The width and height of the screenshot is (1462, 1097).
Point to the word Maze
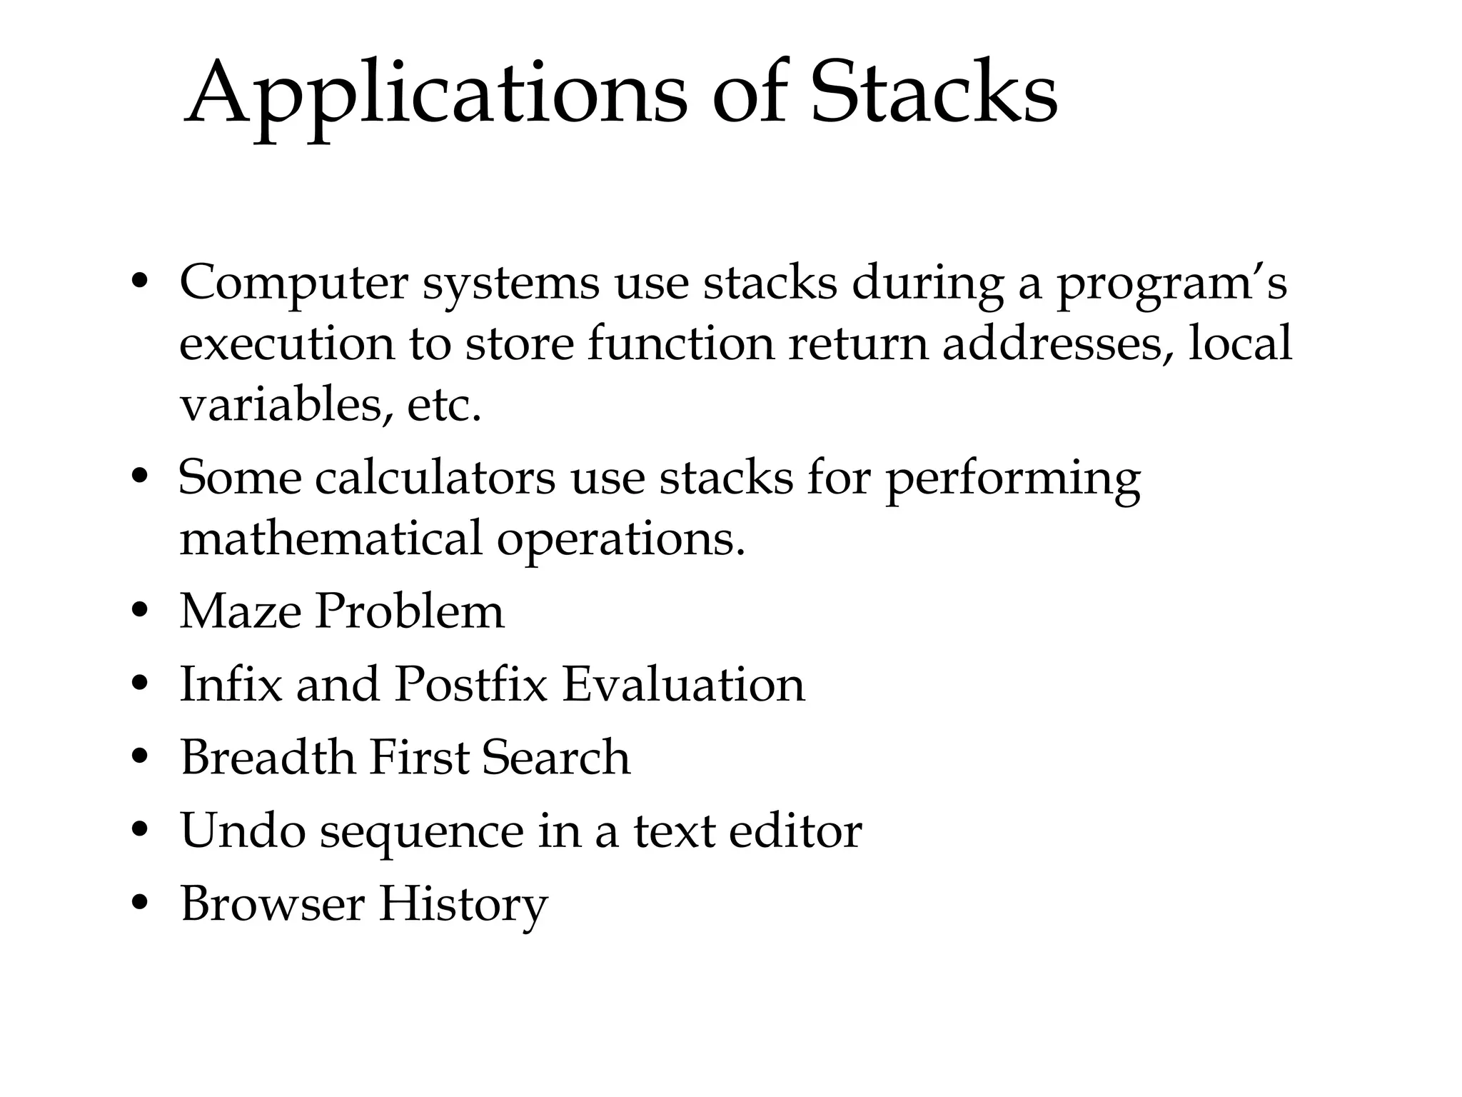240,611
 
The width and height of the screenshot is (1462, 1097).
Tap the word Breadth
267,758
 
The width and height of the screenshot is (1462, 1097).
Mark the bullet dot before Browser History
140,904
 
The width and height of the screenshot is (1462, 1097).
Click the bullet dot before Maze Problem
140,611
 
